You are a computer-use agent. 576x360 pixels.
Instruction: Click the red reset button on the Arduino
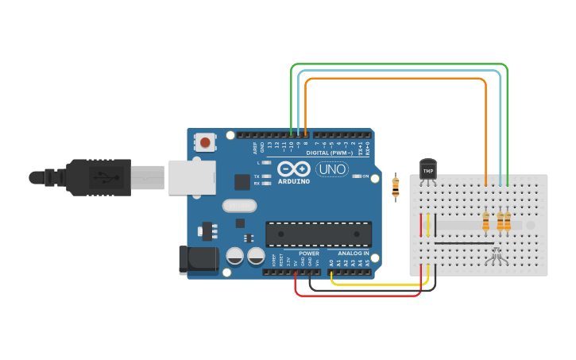coord(205,143)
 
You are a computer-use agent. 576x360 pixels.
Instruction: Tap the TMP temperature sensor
coord(428,170)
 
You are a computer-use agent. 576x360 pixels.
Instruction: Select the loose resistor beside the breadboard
coord(396,188)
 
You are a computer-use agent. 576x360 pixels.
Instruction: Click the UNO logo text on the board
coord(331,169)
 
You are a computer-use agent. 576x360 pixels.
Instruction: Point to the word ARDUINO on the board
coord(294,181)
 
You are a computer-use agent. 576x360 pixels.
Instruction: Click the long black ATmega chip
coord(318,234)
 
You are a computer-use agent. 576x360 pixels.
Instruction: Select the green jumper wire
coord(397,64)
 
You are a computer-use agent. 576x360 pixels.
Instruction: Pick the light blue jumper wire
coord(397,71)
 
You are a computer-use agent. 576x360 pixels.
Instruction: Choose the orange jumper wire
coord(397,78)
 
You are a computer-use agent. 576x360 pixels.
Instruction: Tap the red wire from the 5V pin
coord(358,296)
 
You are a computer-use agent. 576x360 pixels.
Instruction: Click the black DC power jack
coord(199,260)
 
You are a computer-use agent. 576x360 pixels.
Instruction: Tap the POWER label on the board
coord(309,254)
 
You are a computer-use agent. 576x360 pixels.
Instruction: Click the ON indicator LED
coord(357,176)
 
